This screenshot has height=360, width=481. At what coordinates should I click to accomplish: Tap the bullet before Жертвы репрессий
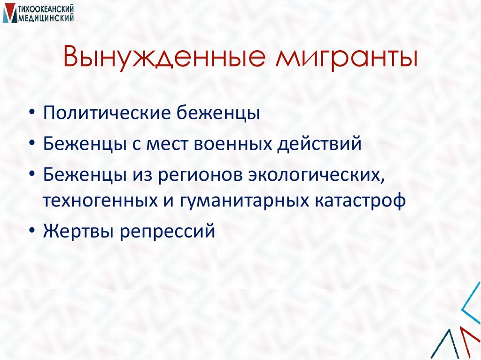click(31, 231)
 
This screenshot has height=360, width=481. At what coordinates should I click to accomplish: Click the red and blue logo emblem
click(8, 13)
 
